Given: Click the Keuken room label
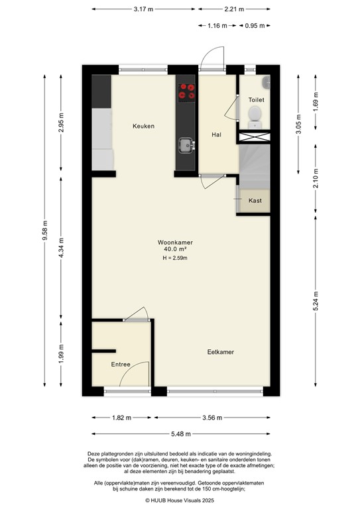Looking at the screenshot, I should coord(143,126).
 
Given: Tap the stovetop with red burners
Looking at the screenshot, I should coord(186,91).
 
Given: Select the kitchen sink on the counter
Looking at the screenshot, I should coord(186,145).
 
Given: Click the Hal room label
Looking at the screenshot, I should coord(216,135).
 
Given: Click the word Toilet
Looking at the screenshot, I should coord(256,100).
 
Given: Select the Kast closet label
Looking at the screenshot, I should coord(255,201).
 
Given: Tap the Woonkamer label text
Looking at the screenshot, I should coord(175,242).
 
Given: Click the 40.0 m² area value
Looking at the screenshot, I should coord(175,250).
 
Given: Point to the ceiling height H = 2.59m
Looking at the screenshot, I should coord(175,258).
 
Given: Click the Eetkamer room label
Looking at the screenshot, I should coord(220,352).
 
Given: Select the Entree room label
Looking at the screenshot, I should coord(120,365).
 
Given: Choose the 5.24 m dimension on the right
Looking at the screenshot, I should coord(316,293).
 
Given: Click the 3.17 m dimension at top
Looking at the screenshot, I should coord(143,9).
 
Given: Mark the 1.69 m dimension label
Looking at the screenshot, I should coord(316,103).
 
